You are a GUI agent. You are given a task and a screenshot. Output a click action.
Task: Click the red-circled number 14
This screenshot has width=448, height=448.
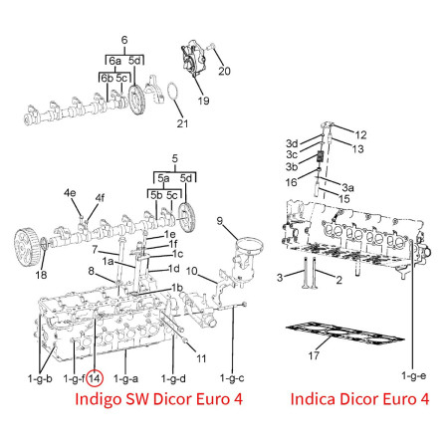click(95, 378)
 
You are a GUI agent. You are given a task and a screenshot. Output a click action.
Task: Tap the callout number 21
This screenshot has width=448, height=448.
click(182, 123)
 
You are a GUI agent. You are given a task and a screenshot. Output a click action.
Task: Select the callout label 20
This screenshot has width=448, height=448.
click(224, 71)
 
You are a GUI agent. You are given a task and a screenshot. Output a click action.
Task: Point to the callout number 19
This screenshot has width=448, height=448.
click(203, 101)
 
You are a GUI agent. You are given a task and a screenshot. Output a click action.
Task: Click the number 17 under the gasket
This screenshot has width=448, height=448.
click(314, 355)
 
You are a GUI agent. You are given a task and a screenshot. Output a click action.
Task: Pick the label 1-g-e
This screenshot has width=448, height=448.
click(413, 375)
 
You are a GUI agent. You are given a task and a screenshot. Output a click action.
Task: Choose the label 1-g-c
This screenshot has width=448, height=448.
click(232, 378)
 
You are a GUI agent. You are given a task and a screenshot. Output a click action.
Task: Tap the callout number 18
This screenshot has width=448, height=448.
click(41, 275)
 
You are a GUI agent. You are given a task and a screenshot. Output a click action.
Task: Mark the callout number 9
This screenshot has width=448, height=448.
click(220, 221)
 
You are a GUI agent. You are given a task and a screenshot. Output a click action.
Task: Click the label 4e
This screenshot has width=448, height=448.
click(70, 193)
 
